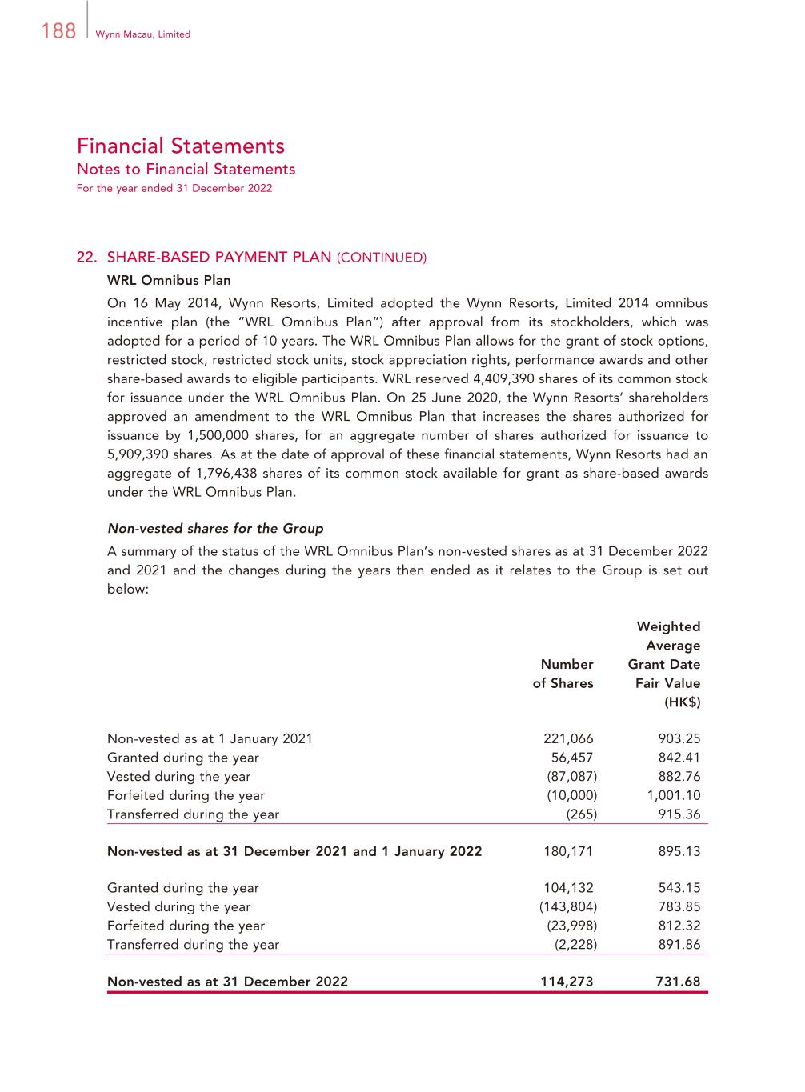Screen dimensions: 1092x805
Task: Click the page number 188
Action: (x=58, y=32)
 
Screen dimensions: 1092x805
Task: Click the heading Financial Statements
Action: (x=181, y=146)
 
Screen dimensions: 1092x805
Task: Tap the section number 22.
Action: (x=86, y=258)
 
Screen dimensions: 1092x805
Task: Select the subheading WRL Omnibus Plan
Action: (x=169, y=281)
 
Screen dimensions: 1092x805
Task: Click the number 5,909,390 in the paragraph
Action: (x=138, y=454)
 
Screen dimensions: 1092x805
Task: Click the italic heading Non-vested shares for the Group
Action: (x=215, y=529)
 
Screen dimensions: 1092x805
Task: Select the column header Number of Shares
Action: (x=563, y=674)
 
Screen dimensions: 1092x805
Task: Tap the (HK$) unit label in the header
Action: (x=682, y=702)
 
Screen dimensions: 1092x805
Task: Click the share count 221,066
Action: (x=568, y=739)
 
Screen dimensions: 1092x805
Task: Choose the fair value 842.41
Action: (x=679, y=758)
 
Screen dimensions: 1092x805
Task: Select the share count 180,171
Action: (x=568, y=851)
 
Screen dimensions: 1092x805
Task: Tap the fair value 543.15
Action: (x=679, y=888)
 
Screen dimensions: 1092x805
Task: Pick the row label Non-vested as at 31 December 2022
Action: (x=227, y=982)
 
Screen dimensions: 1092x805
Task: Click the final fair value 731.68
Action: (x=678, y=982)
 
